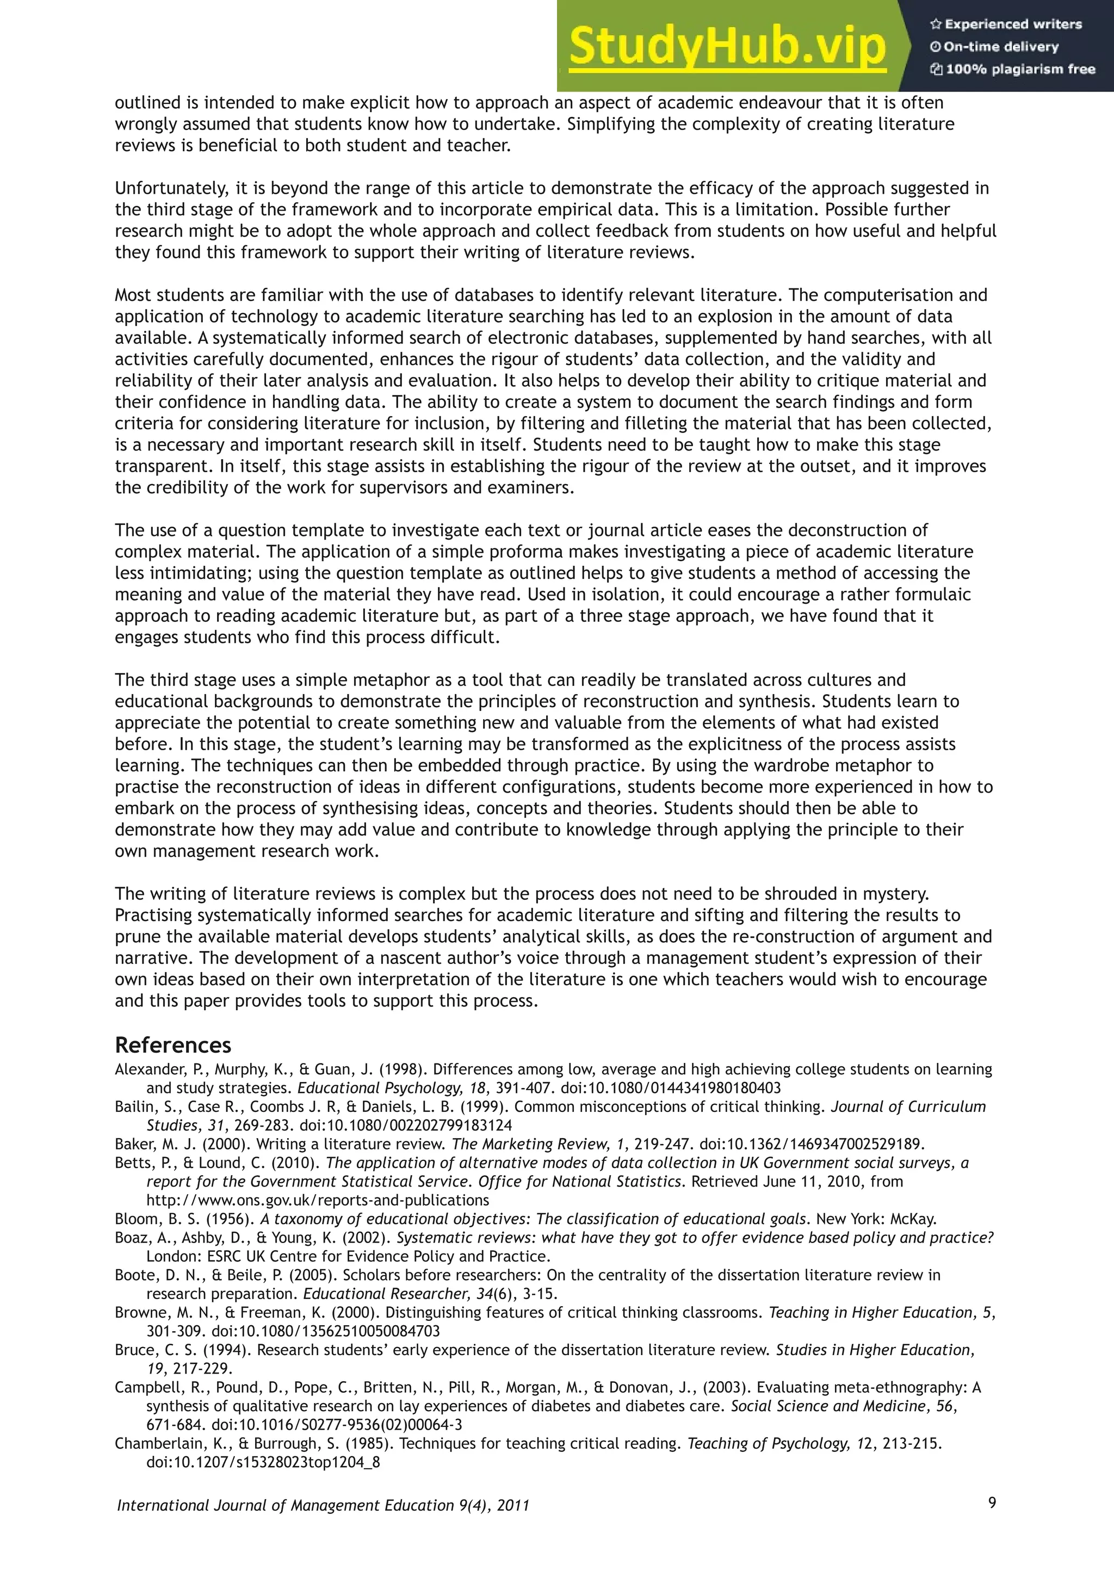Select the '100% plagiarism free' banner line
tap(1013, 69)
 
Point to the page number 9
tap(992, 1503)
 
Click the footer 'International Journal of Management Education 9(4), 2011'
tap(323, 1505)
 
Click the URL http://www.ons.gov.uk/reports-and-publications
tap(317, 1200)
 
